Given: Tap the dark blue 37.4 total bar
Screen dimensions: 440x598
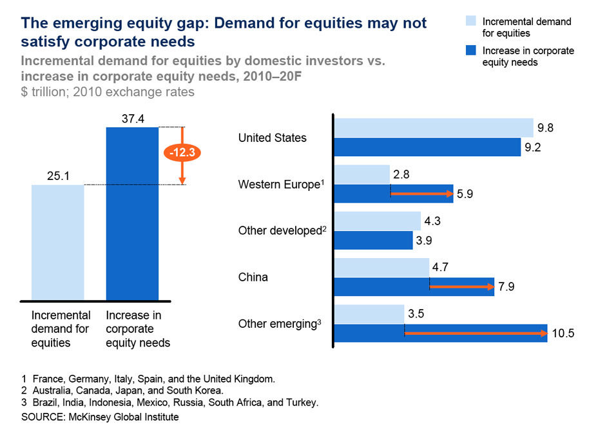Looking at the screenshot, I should tap(131, 214).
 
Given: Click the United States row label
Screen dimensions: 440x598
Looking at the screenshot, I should tap(272, 138).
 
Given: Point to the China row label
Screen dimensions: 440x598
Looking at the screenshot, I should tap(253, 277).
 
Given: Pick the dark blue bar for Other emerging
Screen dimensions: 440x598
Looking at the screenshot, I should tap(441, 334).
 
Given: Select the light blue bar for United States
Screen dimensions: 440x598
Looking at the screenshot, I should tap(434, 128).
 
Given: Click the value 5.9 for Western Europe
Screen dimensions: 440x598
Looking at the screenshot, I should tap(466, 194).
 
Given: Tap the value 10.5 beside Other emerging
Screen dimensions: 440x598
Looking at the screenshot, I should tap(563, 334).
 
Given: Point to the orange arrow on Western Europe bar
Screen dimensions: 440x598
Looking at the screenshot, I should tap(421, 194).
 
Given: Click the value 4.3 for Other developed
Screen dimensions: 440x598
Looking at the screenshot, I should tap(433, 220).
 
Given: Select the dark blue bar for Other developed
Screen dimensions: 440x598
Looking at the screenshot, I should tap(374, 240).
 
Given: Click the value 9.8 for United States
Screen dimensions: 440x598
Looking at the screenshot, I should tap(546, 128).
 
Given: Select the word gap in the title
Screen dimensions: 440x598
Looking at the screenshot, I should tap(187, 23).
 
